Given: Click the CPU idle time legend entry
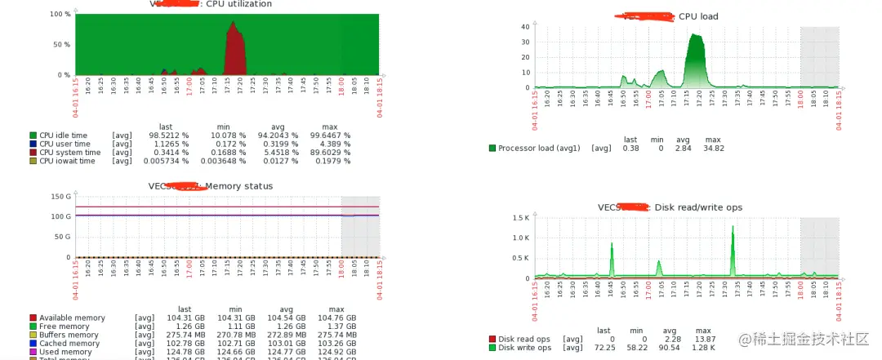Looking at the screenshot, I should tap(64, 136).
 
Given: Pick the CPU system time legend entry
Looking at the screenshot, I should tap(69, 153).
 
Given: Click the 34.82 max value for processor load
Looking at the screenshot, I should tap(713, 148).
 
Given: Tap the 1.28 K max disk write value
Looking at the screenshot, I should tap(705, 348).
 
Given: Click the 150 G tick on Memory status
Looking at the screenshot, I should tap(60, 197).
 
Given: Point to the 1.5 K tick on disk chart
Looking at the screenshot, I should tap(521, 218).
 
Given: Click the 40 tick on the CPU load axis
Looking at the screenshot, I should tap(525, 26).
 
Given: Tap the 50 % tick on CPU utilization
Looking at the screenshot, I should tap(61, 44).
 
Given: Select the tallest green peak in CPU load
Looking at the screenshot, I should tap(695, 37).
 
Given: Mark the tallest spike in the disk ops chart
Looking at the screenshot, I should tap(733, 229).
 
